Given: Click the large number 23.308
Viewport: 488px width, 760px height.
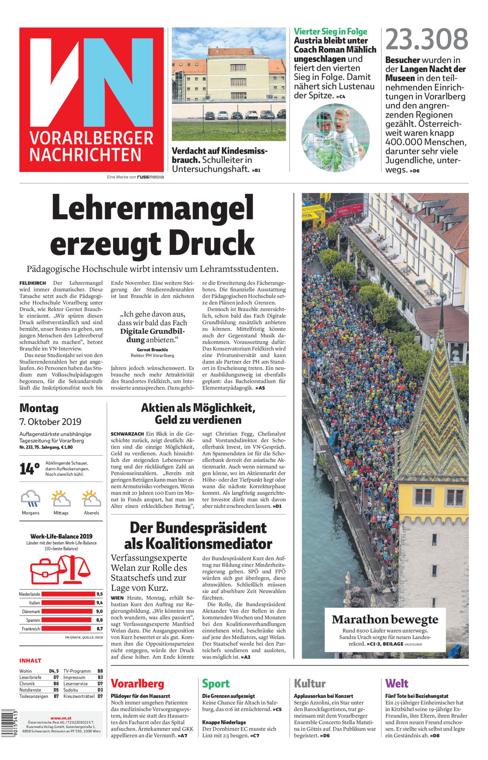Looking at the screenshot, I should click(x=427, y=39).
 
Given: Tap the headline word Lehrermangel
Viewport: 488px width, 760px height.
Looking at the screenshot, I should click(x=153, y=209).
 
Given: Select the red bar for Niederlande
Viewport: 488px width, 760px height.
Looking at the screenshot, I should click(x=68, y=594).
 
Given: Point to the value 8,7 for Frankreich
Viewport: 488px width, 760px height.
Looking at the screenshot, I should click(x=99, y=628).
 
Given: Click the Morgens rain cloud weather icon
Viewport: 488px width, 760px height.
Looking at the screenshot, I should click(x=30, y=499).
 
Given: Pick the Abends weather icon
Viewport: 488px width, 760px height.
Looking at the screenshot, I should click(x=91, y=499).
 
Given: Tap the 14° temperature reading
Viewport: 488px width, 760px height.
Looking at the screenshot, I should click(x=29, y=469).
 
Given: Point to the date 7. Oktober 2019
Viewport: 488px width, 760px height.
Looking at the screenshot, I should click(x=50, y=422).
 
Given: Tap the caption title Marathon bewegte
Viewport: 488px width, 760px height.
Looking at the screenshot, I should click(x=385, y=619).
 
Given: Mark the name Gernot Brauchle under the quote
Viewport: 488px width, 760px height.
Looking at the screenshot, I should click(x=153, y=350).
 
